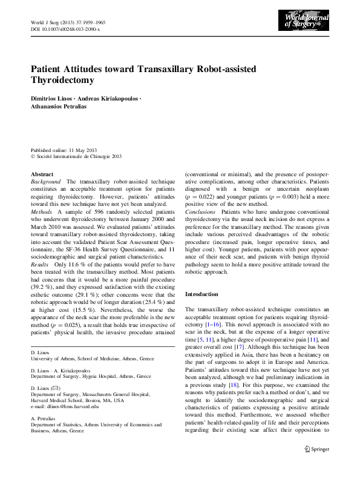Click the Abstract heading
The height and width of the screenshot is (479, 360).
point(42,174)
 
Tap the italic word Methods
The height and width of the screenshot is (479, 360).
point(42,213)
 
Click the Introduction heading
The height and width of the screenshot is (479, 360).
point(201,294)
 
